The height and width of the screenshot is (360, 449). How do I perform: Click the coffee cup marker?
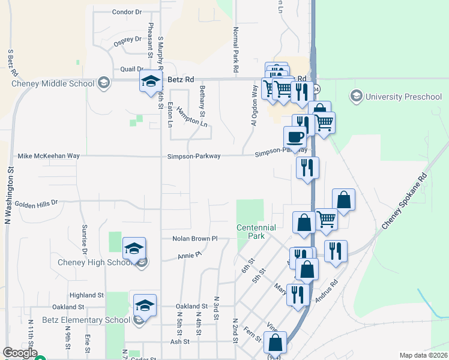295,136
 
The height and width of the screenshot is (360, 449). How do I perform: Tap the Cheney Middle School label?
53,83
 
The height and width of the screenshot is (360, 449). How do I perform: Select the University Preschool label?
394,96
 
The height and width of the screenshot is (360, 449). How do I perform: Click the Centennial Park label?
256,232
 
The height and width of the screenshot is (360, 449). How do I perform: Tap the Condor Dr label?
127,12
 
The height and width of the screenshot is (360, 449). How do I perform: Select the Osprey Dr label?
127,40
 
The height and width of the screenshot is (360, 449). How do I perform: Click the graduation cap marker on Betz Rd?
151,80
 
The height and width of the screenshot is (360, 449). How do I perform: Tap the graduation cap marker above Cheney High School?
134,247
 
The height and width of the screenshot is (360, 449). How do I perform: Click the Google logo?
20,353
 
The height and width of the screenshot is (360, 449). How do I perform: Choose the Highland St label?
86,295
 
